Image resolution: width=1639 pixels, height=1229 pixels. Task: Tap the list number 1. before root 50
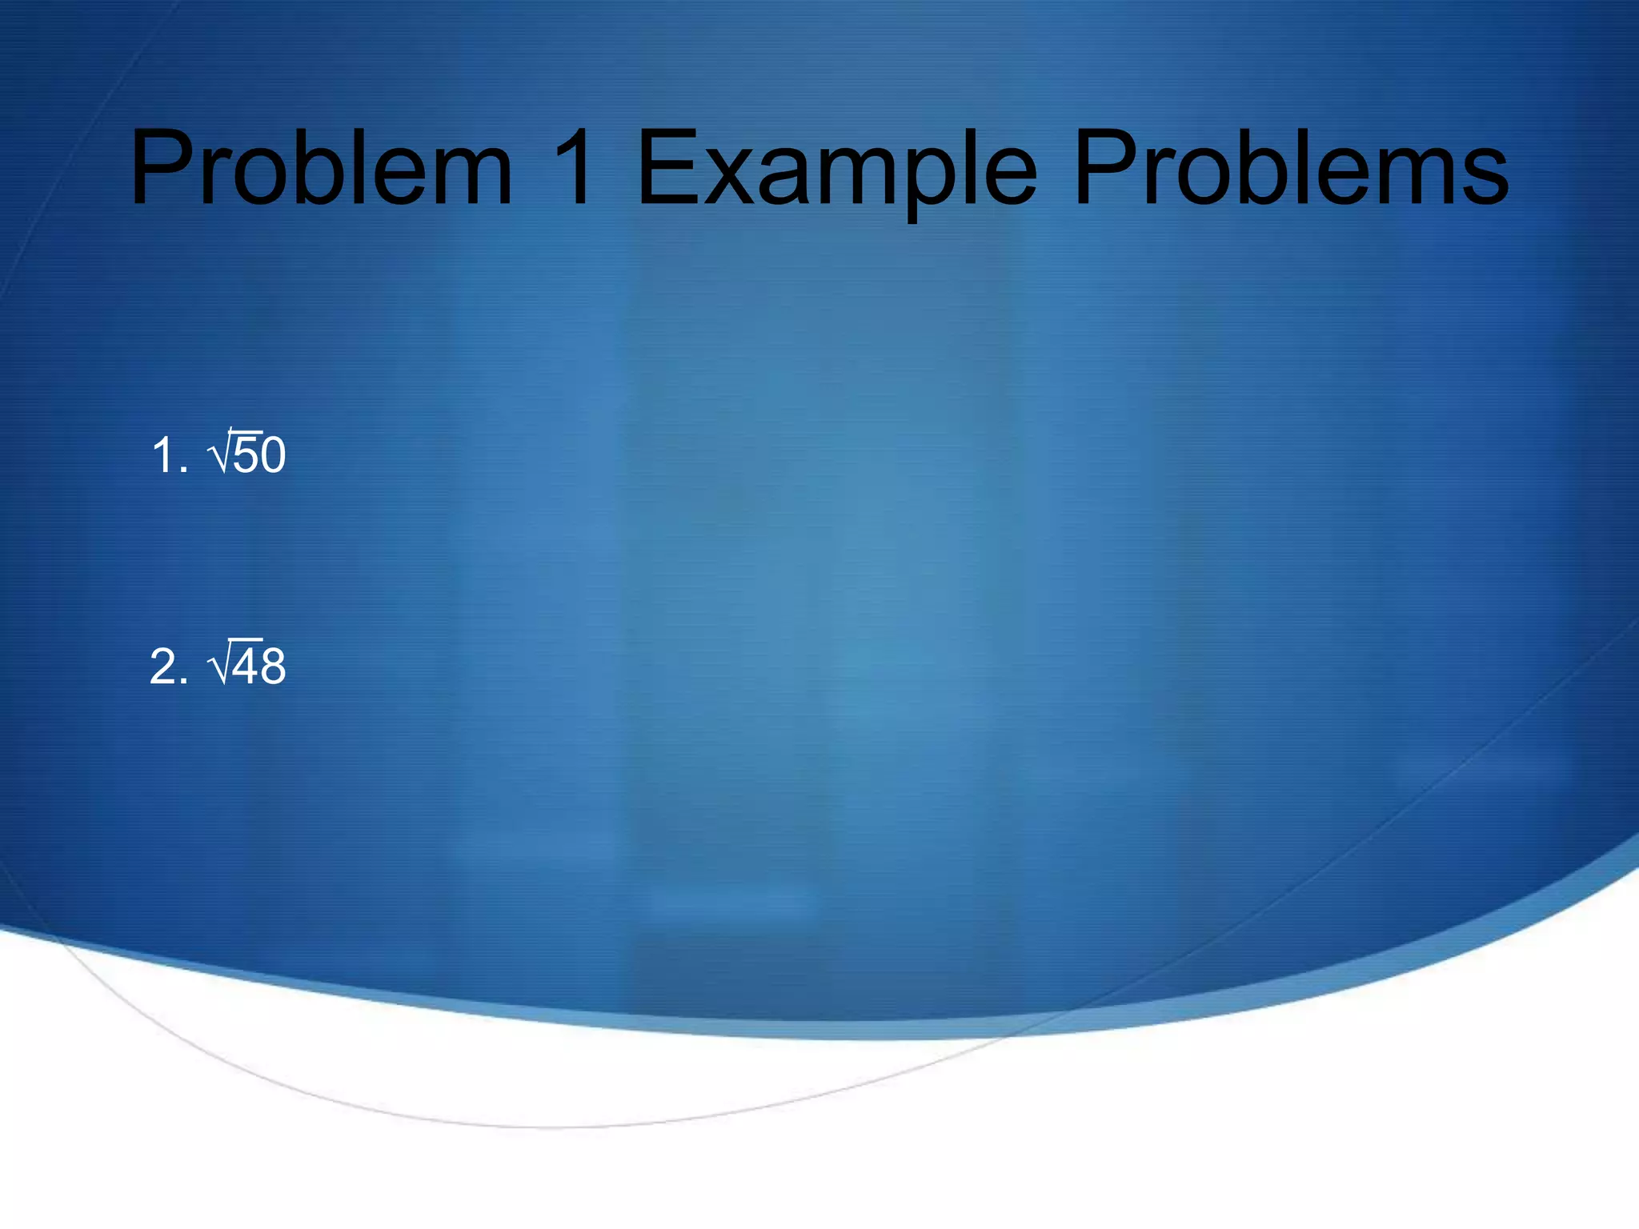click(169, 455)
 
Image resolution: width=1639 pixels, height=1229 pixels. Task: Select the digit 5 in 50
click(246, 455)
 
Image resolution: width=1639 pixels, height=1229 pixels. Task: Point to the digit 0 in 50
click(273, 455)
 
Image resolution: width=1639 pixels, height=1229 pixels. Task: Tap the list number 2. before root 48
click(169, 666)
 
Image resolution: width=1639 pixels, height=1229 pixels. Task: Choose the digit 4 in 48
click(246, 666)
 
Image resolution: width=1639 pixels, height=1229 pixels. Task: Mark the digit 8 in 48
click(273, 666)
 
